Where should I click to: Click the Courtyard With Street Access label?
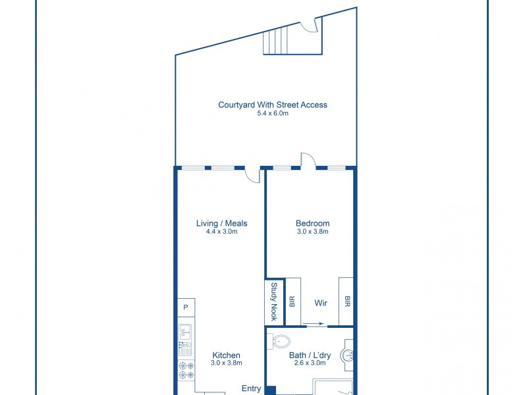click(273, 105)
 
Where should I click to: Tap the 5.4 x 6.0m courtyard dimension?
click(273, 113)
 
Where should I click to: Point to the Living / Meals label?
click(221, 223)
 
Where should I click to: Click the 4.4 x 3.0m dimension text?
click(221, 232)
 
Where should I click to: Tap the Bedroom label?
click(312, 223)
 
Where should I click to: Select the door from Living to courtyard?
click(252, 174)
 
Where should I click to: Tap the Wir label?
click(321, 303)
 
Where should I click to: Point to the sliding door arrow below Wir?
click(314, 324)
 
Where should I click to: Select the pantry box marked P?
click(186, 307)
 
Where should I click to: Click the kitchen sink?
click(185, 336)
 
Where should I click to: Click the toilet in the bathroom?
click(281, 342)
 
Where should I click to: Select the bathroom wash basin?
click(348, 355)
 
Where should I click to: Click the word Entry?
click(251, 388)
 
